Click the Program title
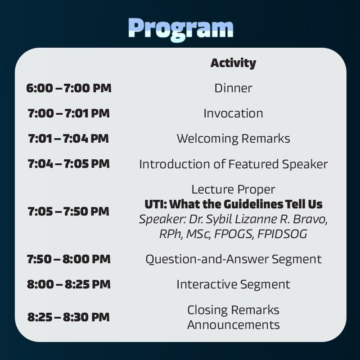[x=181, y=29]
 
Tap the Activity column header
[x=233, y=63]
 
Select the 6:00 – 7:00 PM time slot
[x=69, y=88]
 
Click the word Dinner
[x=233, y=88]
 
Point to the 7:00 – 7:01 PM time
[x=69, y=113]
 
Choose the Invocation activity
[x=233, y=113]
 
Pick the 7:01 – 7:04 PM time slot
[x=68, y=139]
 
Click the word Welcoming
[x=207, y=139]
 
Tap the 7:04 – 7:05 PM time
[x=69, y=164]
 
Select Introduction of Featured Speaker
[x=233, y=164]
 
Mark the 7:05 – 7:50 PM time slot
[x=68, y=211]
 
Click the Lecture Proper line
[x=233, y=189]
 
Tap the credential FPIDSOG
[x=282, y=234]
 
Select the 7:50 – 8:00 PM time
[x=69, y=259]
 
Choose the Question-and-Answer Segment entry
[x=233, y=260]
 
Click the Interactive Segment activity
[x=233, y=285]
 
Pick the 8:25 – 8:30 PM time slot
[x=69, y=317]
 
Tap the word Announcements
[x=233, y=325]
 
